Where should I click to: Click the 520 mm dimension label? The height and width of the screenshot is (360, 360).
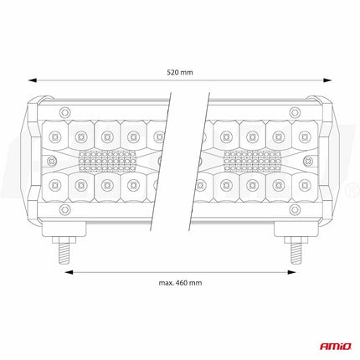click(x=180, y=73)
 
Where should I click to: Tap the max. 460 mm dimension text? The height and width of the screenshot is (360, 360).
click(x=180, y=282)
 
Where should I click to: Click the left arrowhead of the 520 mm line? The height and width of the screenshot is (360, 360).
click(x=32, y=81)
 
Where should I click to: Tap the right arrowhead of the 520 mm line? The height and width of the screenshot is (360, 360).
click(x=329, y=81)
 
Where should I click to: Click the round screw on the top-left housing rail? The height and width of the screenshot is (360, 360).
click(x=65, y=111)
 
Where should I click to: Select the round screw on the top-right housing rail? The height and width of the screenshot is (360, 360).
click(x=295, y=111)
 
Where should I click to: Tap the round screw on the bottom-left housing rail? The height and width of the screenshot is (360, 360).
click(x=65, y=211)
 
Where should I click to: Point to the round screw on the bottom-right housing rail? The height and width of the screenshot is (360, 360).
click(x=295, y=211)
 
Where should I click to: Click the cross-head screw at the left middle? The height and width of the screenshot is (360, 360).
click(x=53, y=160)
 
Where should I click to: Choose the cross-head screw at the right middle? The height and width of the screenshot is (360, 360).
click(x=307, y=160)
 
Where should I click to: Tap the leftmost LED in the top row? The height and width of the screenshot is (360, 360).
click(x=54, y=133)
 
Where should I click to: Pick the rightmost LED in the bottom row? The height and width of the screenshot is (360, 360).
click(x=306, y=187)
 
